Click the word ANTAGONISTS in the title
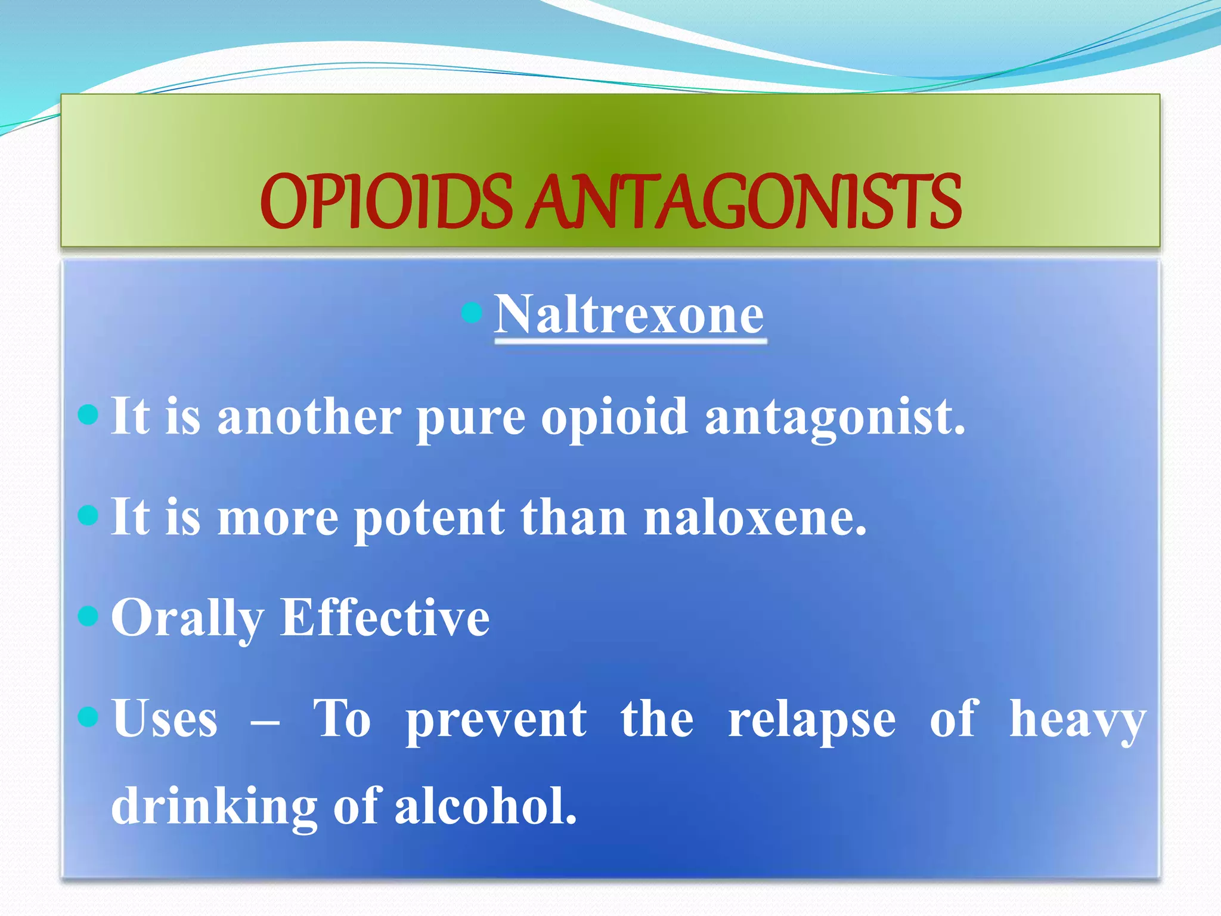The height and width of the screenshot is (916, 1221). (745, 202)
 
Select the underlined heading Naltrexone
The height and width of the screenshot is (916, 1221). (629, 315)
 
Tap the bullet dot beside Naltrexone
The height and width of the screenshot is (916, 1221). (472, 312)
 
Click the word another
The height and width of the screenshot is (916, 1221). (309, 417)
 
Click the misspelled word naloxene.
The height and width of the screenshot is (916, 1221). (755, 518)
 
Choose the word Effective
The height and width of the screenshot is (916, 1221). (385, 618)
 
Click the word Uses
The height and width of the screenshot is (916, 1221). (165, 719)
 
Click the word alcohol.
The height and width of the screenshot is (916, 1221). (486, 806)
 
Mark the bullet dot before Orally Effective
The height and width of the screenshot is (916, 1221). (88, 616)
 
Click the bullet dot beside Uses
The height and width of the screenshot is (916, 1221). (88, 716)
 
